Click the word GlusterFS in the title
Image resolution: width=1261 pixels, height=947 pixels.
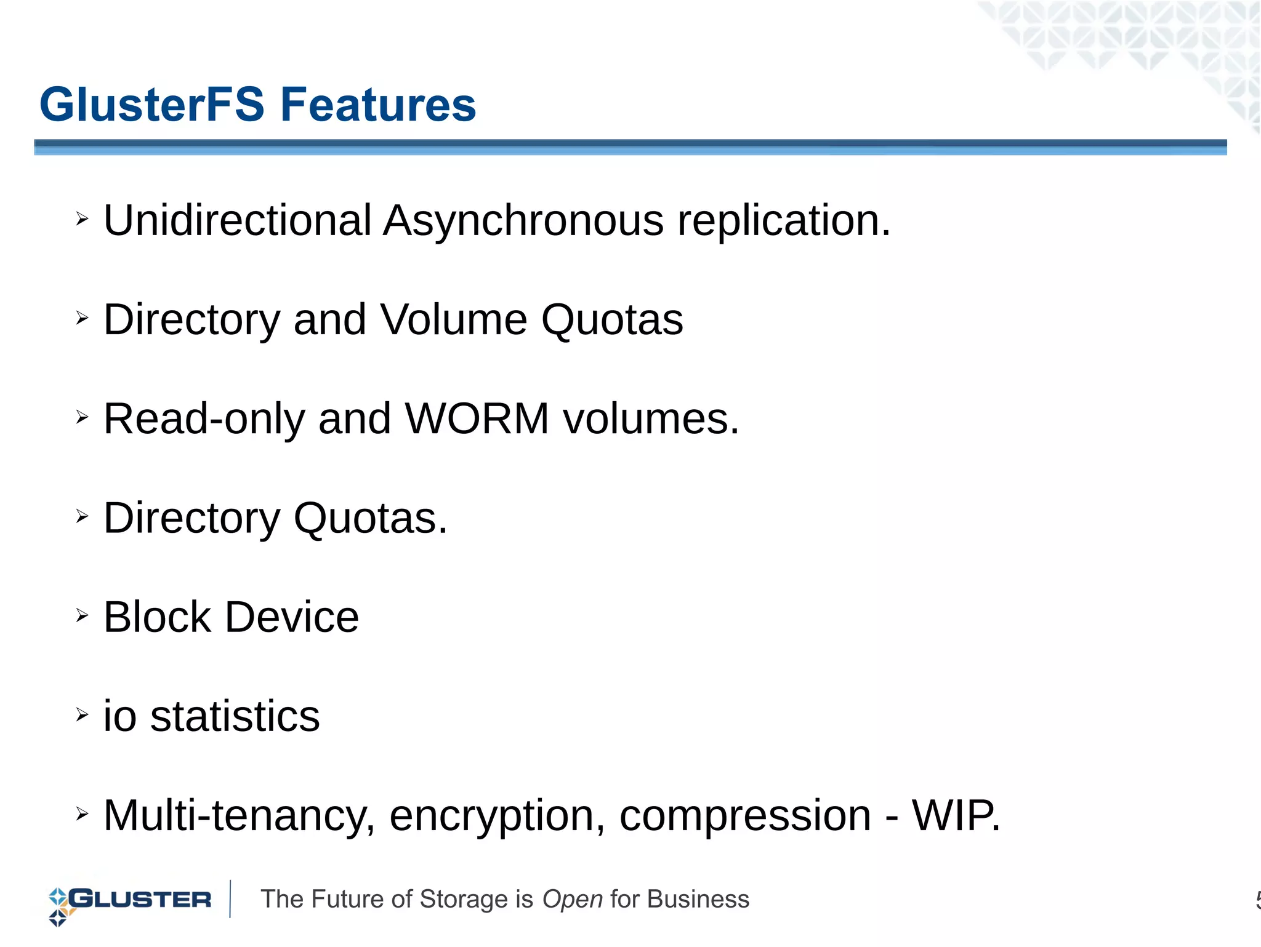151,105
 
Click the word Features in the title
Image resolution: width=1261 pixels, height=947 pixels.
378,105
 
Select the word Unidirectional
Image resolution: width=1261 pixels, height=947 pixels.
237,220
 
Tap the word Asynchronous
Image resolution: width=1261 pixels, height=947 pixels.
523,220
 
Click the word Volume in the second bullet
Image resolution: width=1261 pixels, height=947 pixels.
453,319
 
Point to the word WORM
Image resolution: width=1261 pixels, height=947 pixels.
477,419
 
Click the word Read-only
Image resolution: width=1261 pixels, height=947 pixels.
204,419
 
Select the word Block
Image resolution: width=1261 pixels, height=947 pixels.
157,617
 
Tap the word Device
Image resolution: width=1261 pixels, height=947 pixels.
291,617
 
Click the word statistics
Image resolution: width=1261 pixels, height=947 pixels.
235,717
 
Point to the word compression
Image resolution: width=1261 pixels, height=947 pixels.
745,816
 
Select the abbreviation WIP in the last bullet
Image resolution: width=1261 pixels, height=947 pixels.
954,816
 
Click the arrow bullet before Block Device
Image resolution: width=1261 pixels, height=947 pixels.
82,615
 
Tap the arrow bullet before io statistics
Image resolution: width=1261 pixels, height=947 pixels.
82,714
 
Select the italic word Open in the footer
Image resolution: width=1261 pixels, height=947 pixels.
572,900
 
